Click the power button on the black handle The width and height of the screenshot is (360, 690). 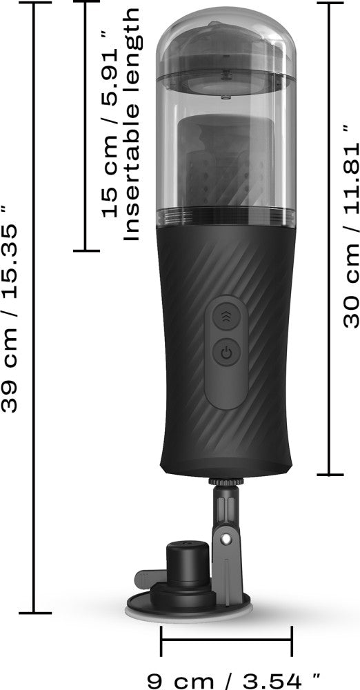pyautogui.click(x=226, y=352)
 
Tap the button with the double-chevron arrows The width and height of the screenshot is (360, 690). pyautogui.click(x=226, y=316)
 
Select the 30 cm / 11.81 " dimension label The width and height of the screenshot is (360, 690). pyautogui.click(x=352, y=226)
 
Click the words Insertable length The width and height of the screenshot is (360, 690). pyautogui.click(x=131, y=124)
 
